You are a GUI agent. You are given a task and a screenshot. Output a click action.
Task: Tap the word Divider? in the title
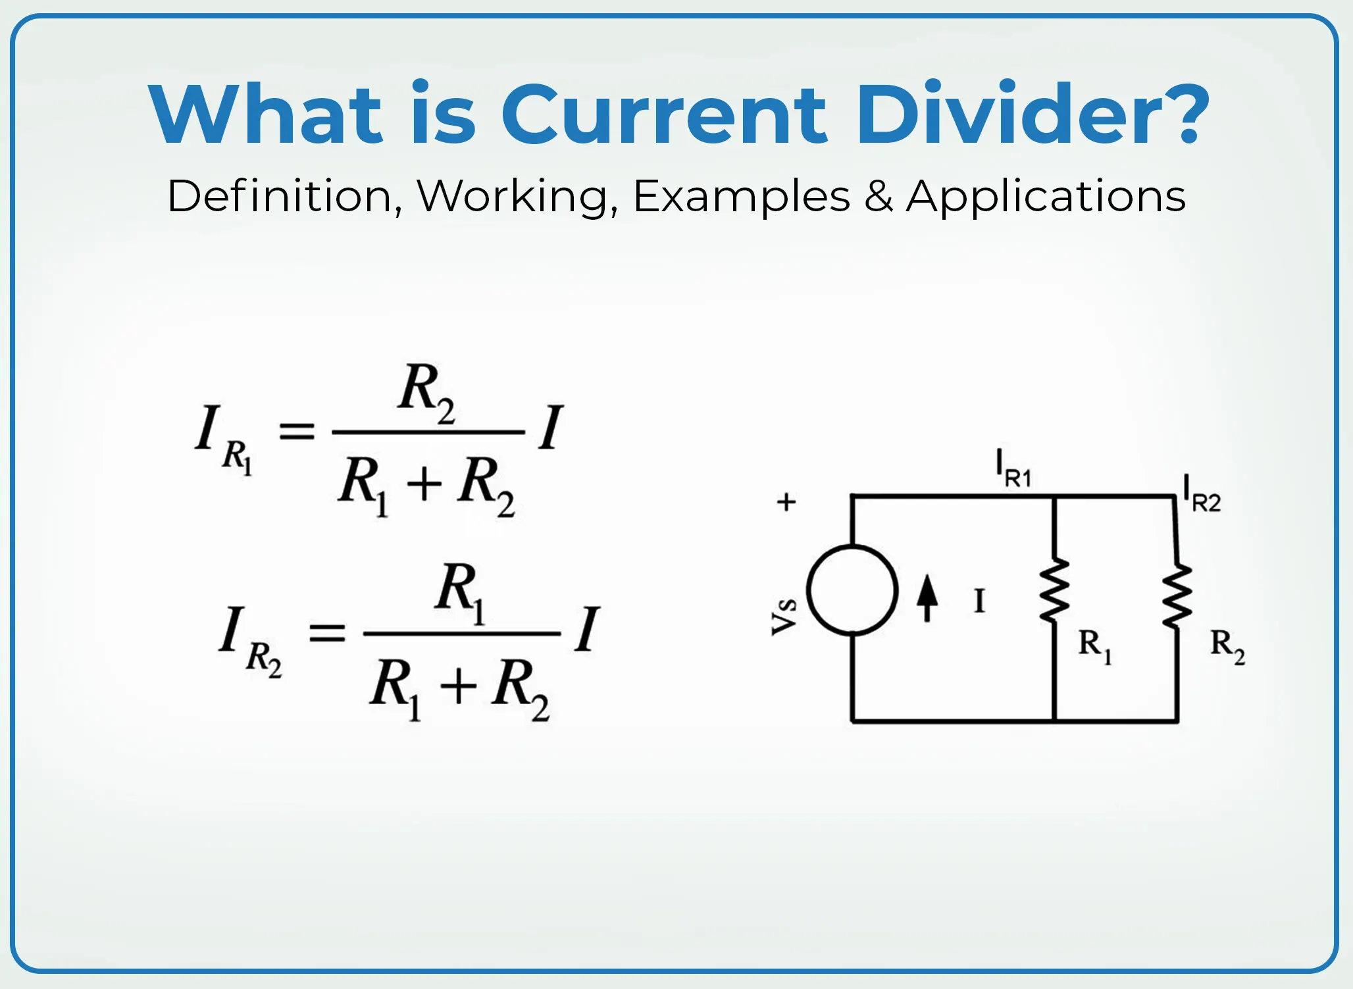(1033, 112)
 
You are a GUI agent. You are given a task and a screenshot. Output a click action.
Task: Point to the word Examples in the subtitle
(742, 196)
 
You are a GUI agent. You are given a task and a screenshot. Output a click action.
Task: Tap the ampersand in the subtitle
(879, 196)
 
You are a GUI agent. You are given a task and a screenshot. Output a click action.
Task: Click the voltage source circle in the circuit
(852, 590)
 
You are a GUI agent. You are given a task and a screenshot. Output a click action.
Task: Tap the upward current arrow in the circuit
(927, 597)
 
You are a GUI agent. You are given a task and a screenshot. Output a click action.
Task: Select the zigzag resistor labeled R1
(1054, 590)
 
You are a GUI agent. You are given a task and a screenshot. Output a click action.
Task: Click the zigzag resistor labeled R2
(1177, 596)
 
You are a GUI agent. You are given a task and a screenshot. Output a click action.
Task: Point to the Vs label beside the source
(784, 617)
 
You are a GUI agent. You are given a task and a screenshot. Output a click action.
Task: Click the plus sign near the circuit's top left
(786, 502)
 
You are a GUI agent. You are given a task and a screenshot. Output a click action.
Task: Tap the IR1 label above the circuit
(1013, 469)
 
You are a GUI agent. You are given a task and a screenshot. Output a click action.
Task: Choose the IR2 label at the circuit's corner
(1202, 494)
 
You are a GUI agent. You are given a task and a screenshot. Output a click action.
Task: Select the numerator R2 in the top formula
(426, 393)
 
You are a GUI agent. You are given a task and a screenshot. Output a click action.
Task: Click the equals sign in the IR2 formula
(327, 633)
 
